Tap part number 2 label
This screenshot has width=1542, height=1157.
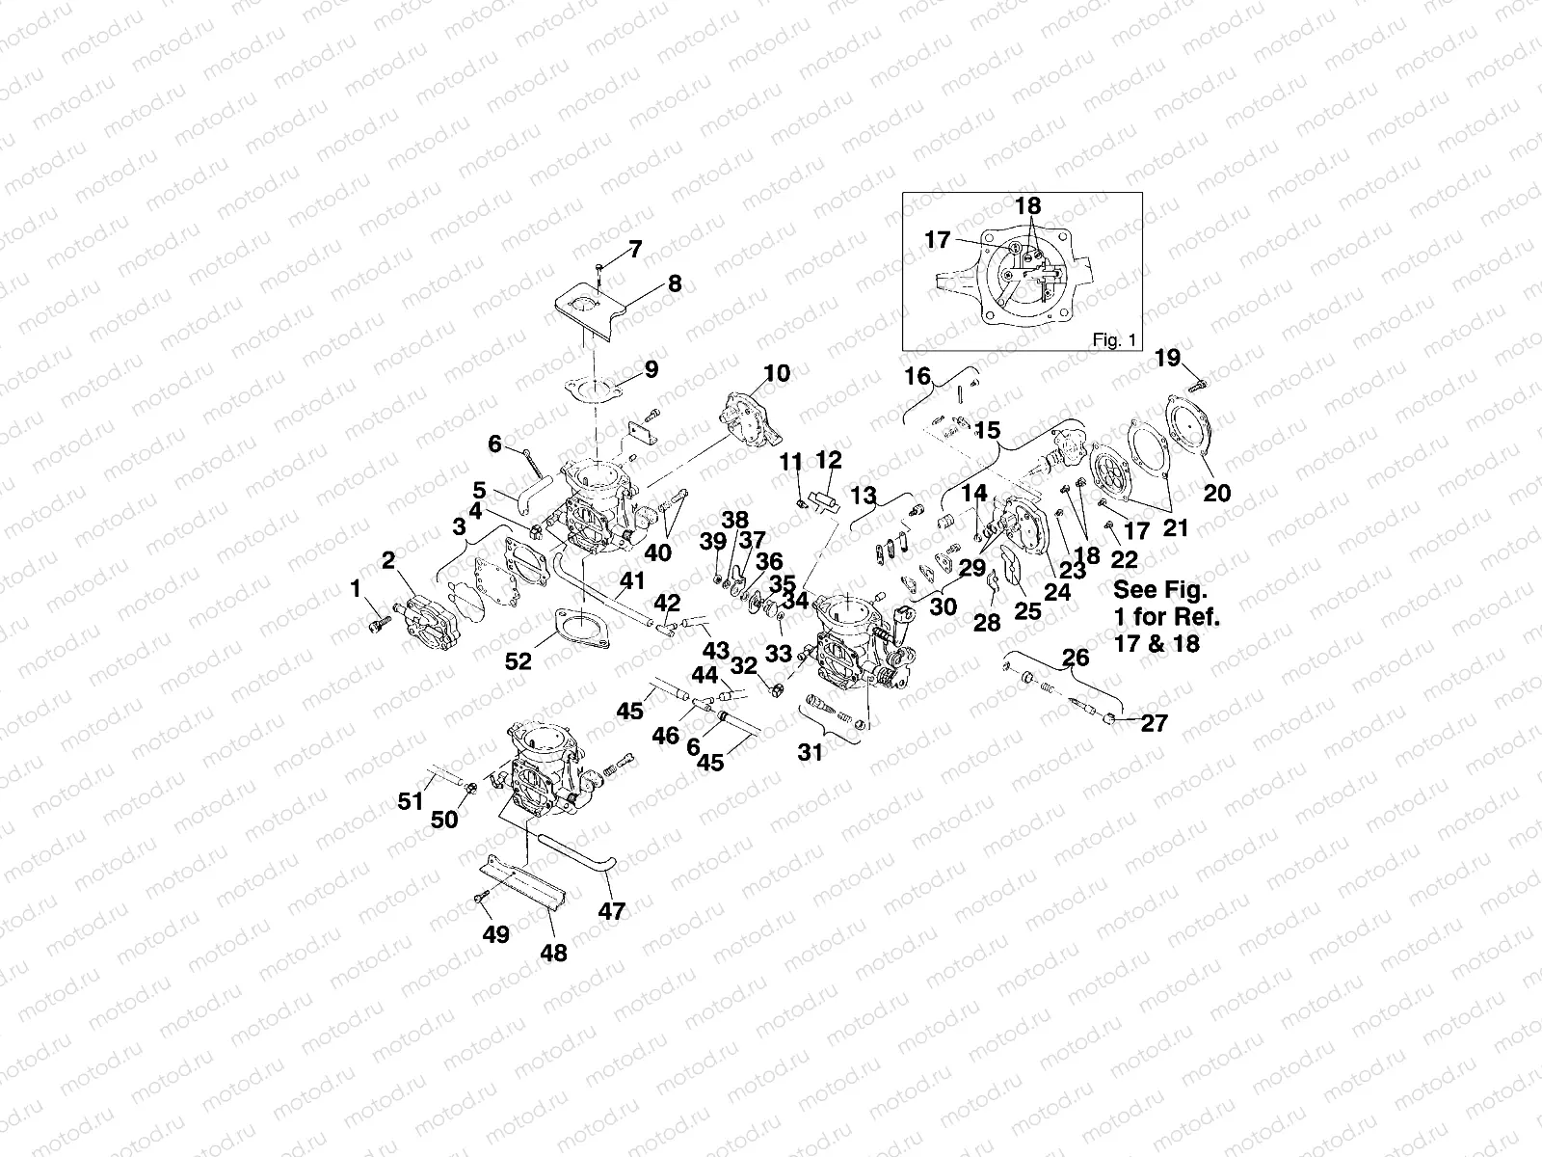388,561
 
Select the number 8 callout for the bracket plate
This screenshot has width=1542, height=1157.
674,283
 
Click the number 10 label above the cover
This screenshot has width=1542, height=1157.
777,373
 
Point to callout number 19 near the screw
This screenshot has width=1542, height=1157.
1167,359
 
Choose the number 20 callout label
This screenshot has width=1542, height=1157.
1217,493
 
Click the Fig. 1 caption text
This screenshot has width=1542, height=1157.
1114,339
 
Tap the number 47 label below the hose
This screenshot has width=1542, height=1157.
612,910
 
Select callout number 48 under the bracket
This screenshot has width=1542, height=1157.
554,953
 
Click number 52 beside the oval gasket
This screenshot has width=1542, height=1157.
518,660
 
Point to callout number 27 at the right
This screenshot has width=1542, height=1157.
1154,723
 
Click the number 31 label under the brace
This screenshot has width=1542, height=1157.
811,752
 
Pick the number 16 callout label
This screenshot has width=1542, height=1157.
917,376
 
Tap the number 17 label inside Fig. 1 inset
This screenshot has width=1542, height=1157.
938,240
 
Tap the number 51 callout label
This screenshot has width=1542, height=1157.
412,800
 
